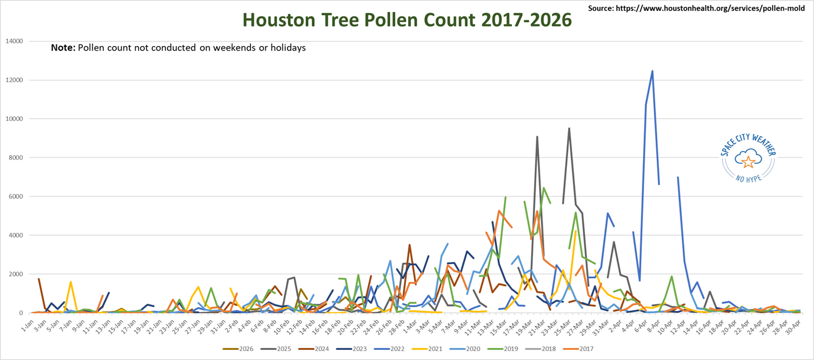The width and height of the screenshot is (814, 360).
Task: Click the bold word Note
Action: [62, 48]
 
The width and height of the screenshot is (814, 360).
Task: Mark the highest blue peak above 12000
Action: [652, 71]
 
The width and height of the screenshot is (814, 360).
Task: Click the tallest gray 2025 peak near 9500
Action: [569, 128]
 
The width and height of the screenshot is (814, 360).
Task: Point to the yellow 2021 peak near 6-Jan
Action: [70, 282]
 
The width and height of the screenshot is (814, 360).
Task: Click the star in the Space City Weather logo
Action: [749, 162]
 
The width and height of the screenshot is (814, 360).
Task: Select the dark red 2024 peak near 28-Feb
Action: [409, 245]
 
